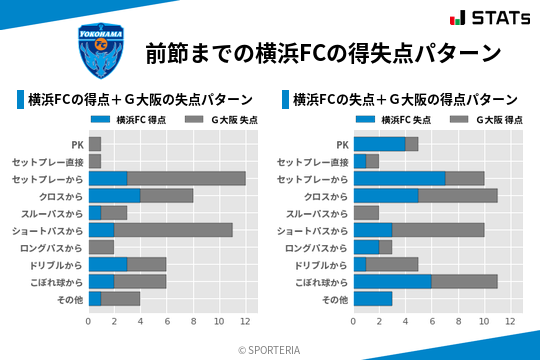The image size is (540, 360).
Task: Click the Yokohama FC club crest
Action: tap(102, 51)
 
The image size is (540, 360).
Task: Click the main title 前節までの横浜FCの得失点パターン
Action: tap(323, 52)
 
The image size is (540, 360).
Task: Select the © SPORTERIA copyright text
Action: tap(270, 349)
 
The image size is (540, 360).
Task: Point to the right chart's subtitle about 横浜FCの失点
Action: tap(404, 99)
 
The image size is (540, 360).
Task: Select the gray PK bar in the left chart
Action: tap(95, 144)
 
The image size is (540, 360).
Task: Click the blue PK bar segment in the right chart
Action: tap(379, 144)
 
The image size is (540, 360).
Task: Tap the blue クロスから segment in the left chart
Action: tap(114, 195)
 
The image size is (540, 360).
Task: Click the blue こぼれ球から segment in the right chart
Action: tap(392, 281)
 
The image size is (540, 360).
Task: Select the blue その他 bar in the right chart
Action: tap(373, 298)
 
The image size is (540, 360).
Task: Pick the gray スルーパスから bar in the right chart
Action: tap(366, 213)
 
